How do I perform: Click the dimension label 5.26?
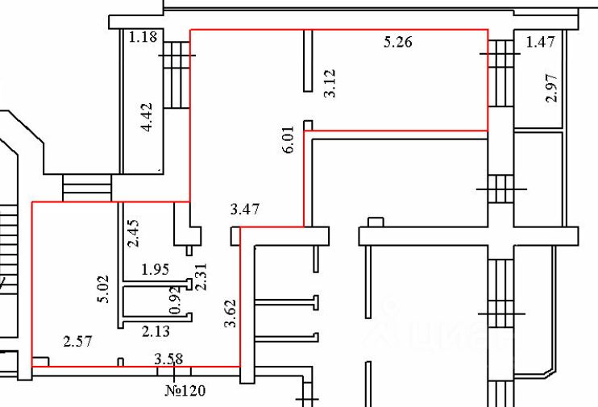[x=397, y=42]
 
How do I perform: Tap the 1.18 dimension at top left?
[x=142, y=36]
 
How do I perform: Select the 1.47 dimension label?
[x=538, y=42]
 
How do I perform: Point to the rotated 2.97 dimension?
[x=551, y=87]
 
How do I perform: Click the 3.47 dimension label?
[x=245, y=210]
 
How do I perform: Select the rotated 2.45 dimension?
[x=134, y=233]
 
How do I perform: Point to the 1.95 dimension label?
[x=156, y=268]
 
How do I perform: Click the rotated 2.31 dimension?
[x=203, y=278]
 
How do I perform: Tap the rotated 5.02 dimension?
[x=102, y=289]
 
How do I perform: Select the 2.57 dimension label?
[x=77, y=342]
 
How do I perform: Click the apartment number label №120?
[x=186, y=392]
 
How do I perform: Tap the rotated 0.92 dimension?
[x=173, y=301]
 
